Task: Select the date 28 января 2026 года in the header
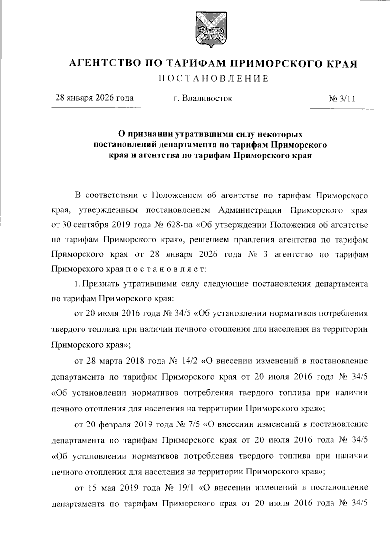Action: click(x=95, y=98)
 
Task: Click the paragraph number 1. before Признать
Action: click(x=77, y=284)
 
